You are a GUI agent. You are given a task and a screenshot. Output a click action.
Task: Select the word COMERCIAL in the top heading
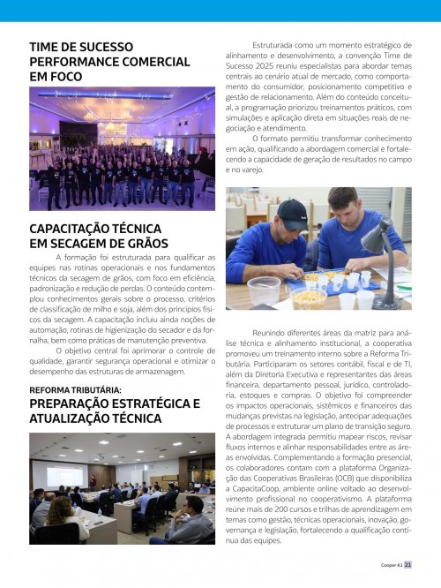click(x=149, y=62)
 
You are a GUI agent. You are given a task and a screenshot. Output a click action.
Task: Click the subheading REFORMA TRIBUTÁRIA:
click(x=75, y=389)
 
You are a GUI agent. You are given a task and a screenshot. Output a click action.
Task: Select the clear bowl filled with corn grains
click(x=308, y=298)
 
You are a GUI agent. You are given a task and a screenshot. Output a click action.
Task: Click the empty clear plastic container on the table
click(x=264, y=290)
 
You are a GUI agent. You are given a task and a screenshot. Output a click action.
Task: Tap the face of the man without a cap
click(x=349, y=209)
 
